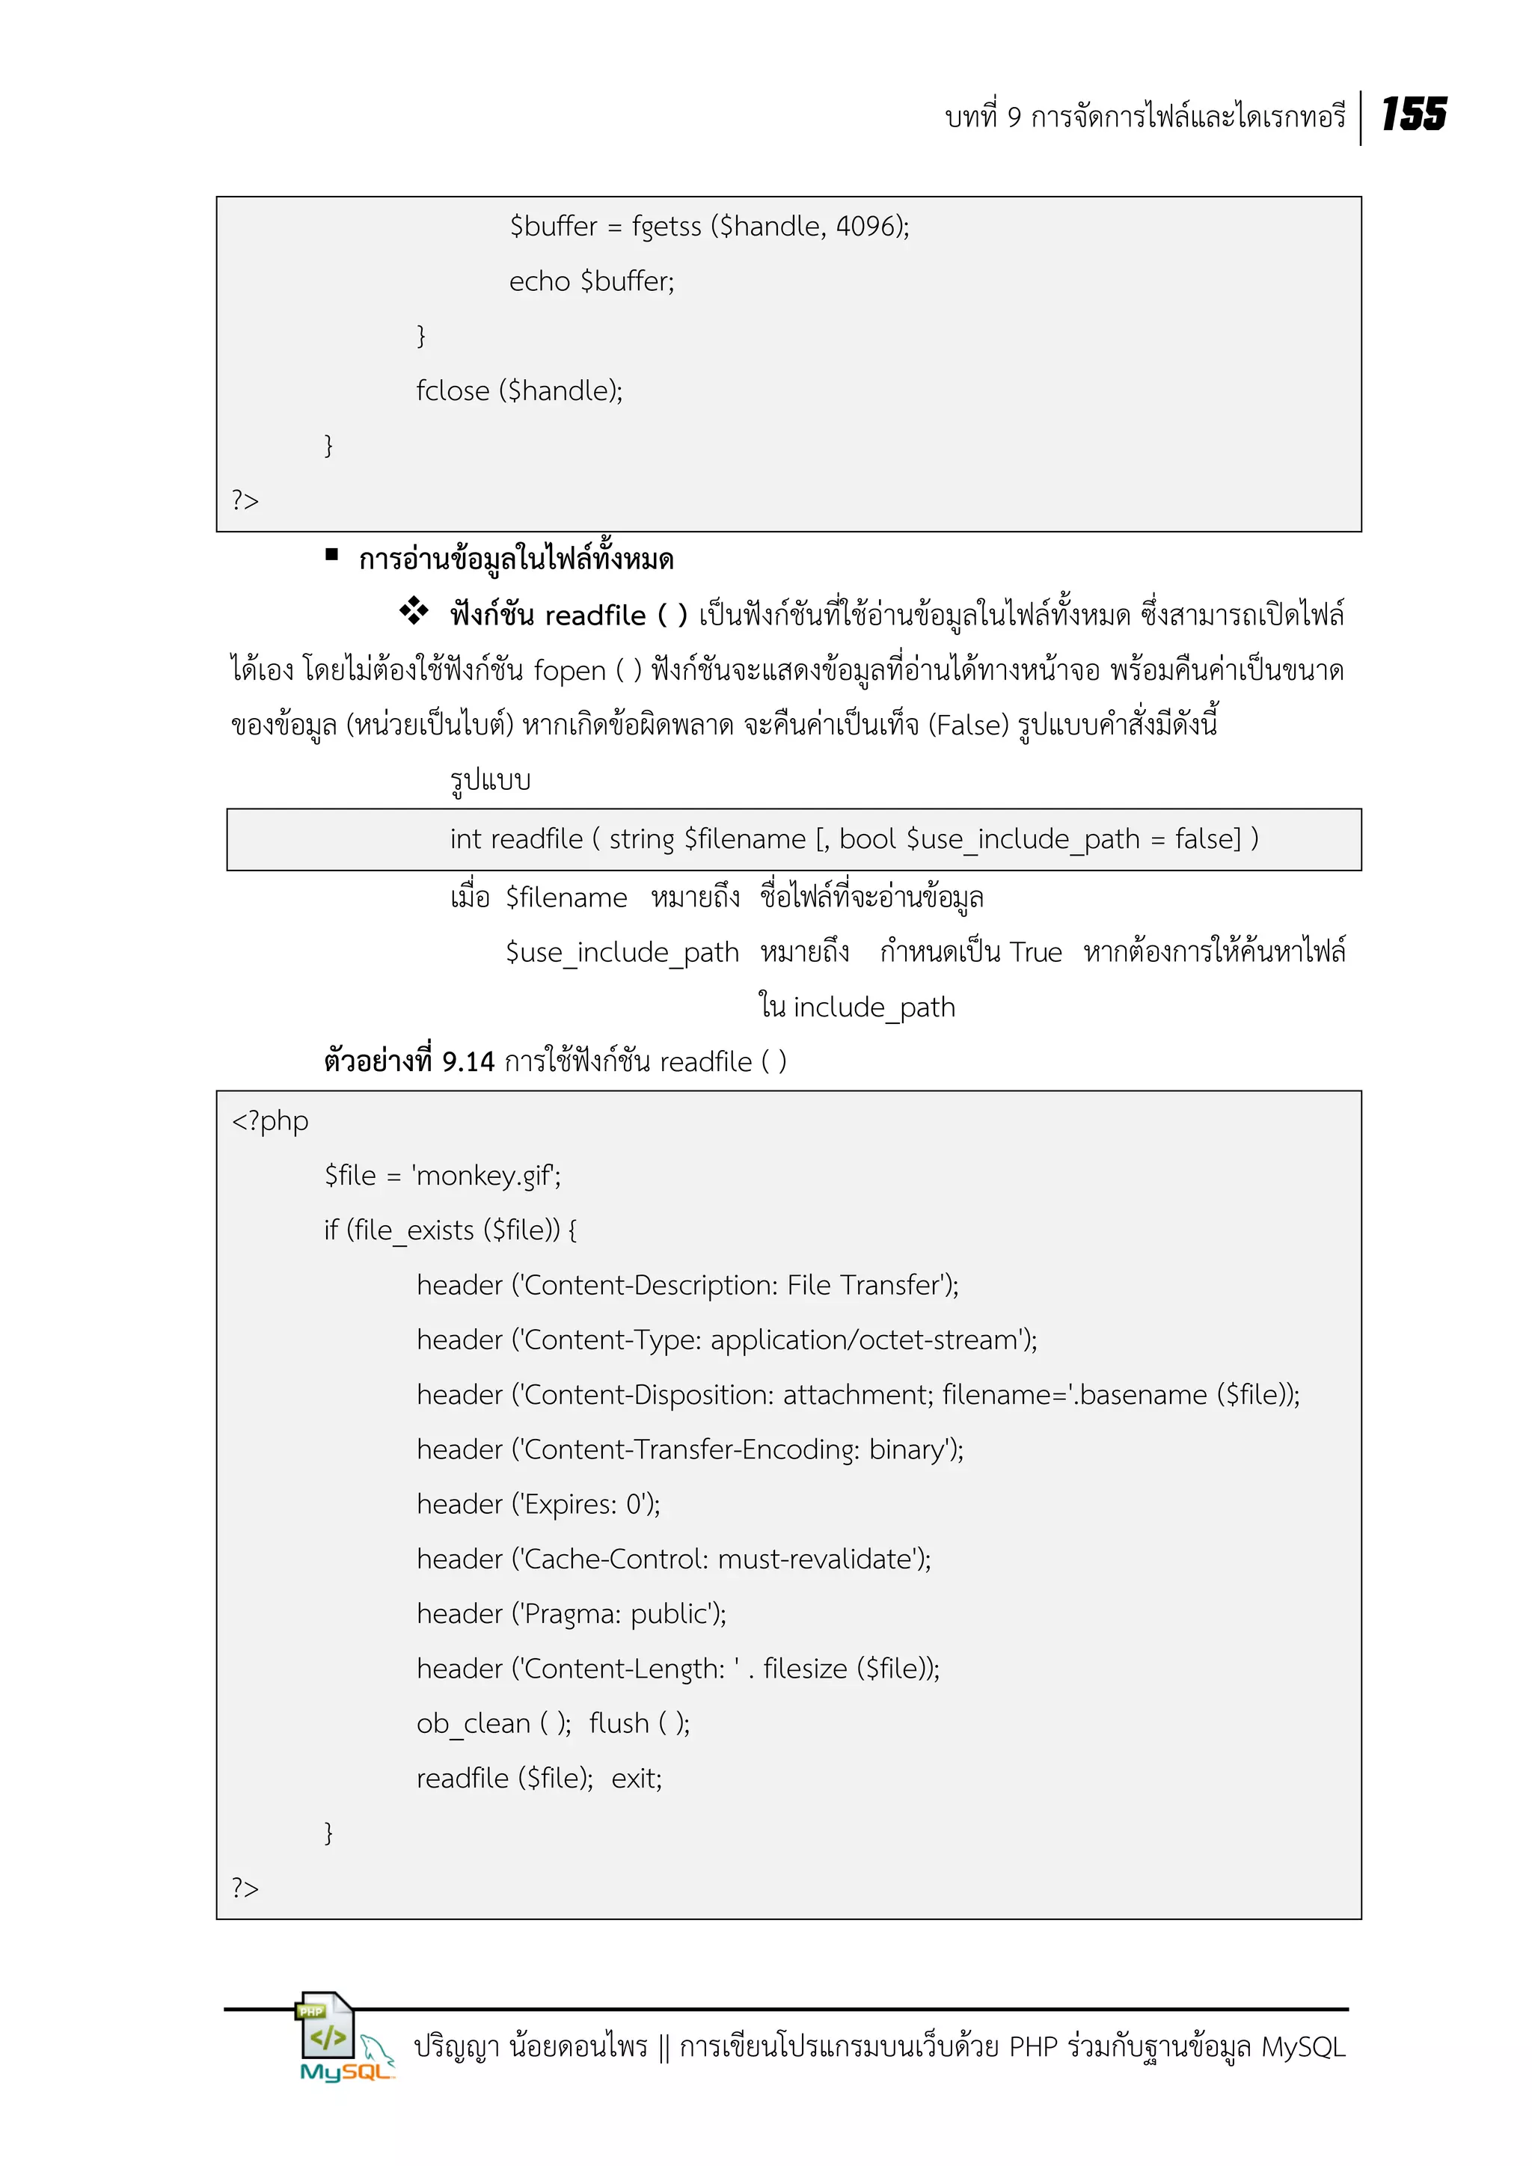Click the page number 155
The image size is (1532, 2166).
(1413, 114)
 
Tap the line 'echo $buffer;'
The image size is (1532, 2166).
(592, 281)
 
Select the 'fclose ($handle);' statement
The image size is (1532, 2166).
(519, 390)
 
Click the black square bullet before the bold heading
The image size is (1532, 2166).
(331, 555)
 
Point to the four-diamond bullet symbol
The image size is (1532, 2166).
(413, 611)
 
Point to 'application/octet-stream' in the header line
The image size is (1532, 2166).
(863, 1340)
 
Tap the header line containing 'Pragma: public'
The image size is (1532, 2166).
(571, 1613)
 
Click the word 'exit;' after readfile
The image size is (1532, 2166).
(637, 1779)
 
